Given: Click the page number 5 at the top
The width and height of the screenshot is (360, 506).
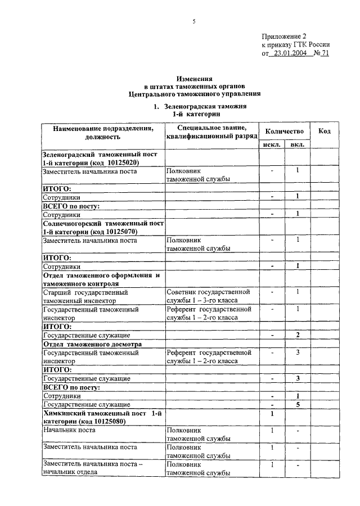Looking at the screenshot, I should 193,22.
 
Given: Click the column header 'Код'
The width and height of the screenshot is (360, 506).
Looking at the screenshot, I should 325,131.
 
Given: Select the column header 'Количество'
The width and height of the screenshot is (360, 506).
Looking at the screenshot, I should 285,131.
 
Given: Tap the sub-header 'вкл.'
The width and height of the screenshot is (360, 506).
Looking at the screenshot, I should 298,144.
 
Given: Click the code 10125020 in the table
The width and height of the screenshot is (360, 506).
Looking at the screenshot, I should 120,162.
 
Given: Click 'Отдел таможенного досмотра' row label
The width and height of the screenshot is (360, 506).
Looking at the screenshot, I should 92,344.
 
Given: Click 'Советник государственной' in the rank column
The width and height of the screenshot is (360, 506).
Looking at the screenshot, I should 208,292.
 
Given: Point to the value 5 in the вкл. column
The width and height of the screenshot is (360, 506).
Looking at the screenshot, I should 298,404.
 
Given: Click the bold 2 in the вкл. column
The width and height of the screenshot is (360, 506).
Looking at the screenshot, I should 298,335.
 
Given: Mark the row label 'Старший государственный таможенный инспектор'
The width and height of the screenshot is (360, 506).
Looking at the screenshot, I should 85,296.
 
